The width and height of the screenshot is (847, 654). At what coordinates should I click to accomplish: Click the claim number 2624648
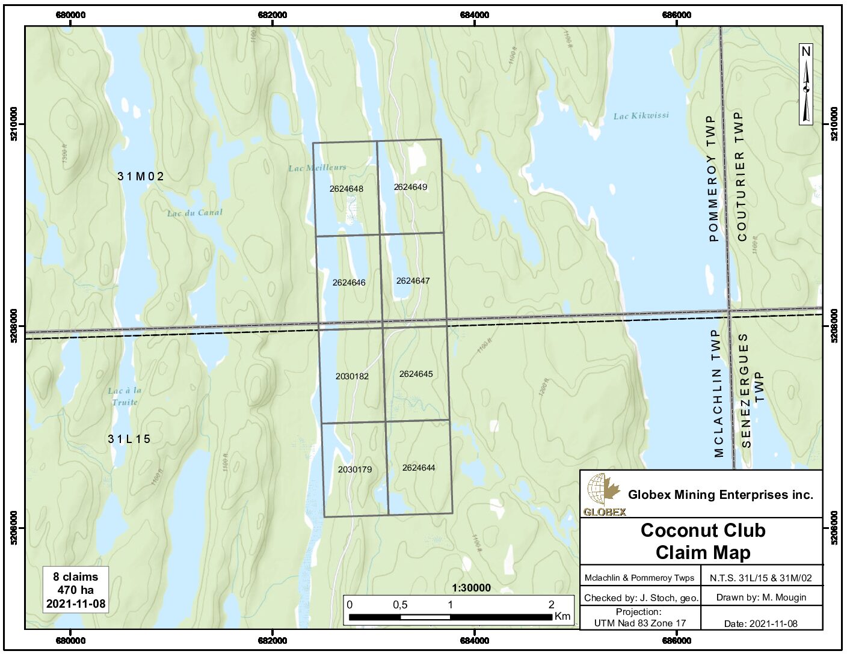click(346, 189)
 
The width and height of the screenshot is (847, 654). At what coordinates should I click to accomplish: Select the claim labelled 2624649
click(410, 187)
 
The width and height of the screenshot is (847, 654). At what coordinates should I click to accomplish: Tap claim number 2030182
click(352, 376)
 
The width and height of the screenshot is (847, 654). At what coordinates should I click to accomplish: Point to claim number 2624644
click(419, 468)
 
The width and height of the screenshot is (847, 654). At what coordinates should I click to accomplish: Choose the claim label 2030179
click(354, 469)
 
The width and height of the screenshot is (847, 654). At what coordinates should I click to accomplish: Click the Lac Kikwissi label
click(641, 115)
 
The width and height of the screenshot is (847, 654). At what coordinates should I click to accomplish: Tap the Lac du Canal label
click(194, 213)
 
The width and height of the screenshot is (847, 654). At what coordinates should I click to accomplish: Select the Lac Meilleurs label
click(317, 168)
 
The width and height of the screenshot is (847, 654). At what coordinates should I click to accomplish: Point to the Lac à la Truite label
click(125, 396)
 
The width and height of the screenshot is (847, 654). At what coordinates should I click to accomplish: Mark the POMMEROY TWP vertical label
click(713, 179)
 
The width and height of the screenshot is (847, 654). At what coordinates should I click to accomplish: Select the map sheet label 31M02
click(140, 176)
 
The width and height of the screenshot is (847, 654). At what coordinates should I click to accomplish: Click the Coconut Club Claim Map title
click(703, 541)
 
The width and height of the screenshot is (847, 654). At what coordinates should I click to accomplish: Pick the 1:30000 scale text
click(471, 588)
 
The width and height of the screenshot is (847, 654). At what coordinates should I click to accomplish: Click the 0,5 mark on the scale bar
click(400, 605)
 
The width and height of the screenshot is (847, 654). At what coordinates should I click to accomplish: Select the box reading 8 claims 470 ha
click(76, 590)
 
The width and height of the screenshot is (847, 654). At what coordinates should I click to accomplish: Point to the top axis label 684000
click(474, 15)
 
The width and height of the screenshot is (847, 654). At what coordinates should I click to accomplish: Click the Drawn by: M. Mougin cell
click(761, 597)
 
